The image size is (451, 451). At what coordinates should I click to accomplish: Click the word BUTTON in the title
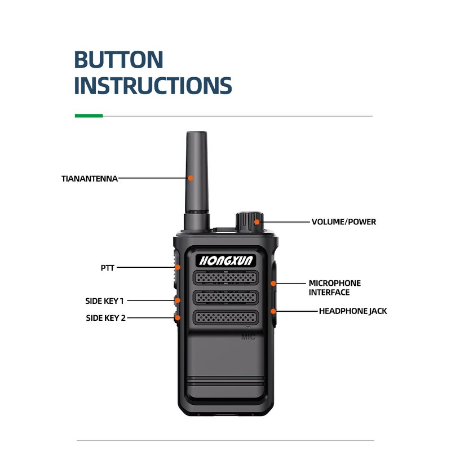tap(119, 60)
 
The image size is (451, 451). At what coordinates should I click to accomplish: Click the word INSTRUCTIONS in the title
tap(153, 85)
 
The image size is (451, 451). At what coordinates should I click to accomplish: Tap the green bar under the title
tap(89, 116)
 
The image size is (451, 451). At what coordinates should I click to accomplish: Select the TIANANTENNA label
tap(90, 179)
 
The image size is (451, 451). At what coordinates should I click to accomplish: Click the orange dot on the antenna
tap(191, 178)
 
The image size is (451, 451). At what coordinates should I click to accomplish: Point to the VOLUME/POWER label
tap(343, 222)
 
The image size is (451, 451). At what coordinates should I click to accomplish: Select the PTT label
tap(107, 268)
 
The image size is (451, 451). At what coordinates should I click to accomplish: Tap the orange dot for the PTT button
tap(177, 267)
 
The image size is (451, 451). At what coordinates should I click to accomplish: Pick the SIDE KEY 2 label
tap(105, 318)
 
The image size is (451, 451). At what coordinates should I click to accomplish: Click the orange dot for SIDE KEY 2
tap(177, 318)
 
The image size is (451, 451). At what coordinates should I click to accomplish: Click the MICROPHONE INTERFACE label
tap(334, 288)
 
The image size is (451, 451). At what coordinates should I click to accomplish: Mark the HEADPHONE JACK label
tap(353, 311)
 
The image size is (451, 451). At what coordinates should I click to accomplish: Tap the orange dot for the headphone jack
tap(273, 311)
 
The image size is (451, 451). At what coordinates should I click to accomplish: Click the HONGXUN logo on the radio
tap(226, 260)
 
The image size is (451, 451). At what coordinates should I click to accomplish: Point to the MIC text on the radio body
tap(249, 337)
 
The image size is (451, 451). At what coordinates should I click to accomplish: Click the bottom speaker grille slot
tap(226, 317)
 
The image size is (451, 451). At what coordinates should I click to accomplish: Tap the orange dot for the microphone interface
tap(273, 283)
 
